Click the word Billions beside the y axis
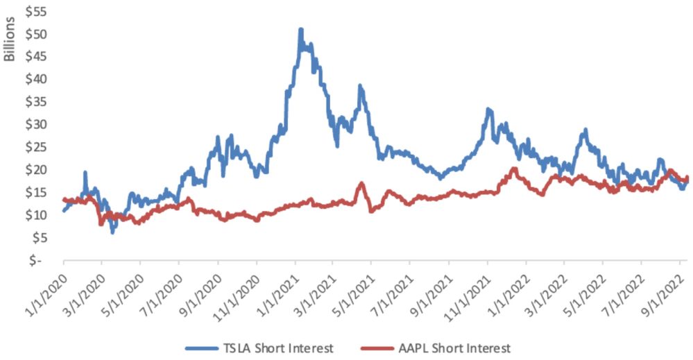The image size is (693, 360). (10, 37)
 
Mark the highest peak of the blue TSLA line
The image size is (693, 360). (300, 30)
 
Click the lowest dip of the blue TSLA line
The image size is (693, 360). (112, 232)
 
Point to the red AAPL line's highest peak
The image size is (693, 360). (514, 169)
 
